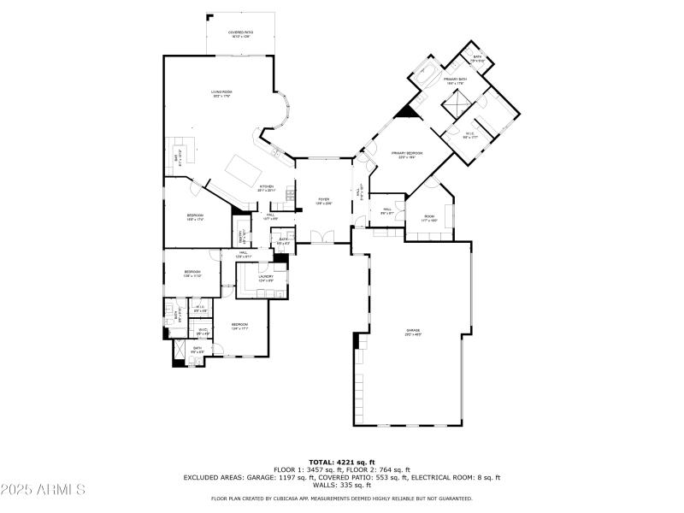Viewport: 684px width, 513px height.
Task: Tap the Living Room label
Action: point(222,93)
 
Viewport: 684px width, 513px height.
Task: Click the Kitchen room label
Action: point(267,189)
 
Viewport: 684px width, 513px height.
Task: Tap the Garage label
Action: point(414,333)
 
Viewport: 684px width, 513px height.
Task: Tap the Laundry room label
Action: point(266,278)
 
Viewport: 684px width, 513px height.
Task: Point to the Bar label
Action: point(178,157)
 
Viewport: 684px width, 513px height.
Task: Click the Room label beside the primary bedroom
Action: point(429,218)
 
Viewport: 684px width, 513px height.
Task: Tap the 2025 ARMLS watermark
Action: point(43,490)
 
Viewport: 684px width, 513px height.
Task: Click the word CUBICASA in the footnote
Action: point(296,498)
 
